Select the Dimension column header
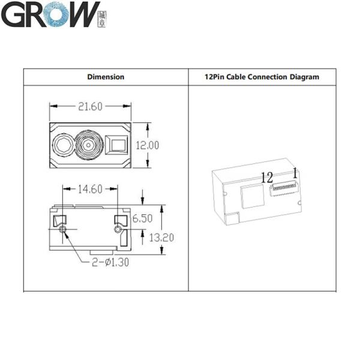106,77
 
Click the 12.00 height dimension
146,145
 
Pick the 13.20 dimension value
161,238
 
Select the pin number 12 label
266,177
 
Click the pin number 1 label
295,173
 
